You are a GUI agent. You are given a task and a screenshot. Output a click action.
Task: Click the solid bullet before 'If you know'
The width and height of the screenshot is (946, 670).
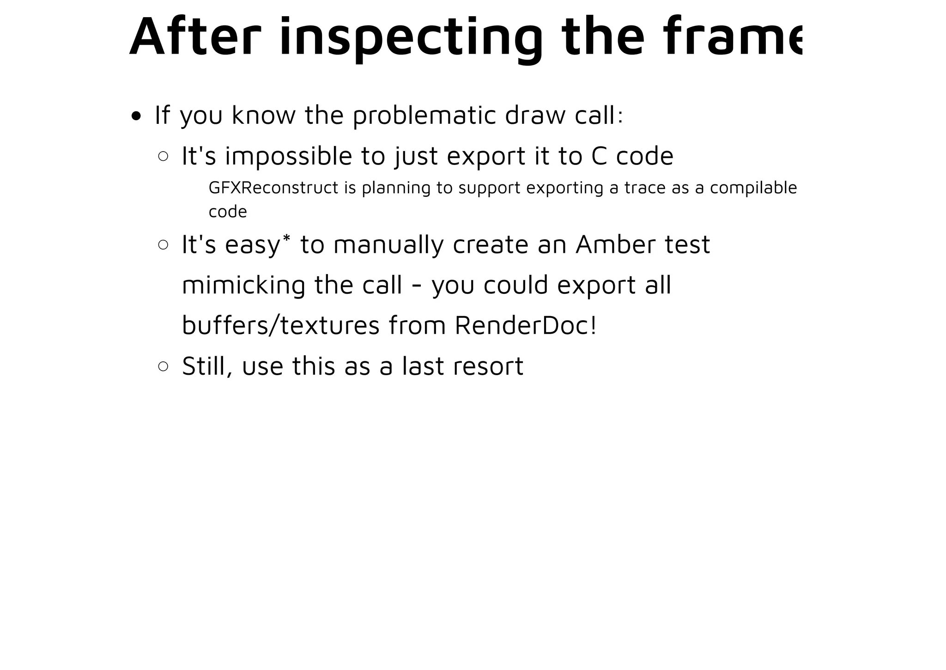[x=136, y=116]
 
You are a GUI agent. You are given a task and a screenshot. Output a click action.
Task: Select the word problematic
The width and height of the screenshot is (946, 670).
[x=424, y=116]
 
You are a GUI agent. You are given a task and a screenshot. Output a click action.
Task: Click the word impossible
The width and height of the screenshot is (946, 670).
[x=289, y=156]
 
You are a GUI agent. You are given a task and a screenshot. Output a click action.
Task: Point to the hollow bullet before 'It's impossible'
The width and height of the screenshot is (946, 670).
[x=163, y=156]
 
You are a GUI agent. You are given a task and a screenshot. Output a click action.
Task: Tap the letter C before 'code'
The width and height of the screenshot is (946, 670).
[x=599, y=156]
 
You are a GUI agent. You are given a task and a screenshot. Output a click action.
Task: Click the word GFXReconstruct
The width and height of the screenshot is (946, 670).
[x=273, y=188]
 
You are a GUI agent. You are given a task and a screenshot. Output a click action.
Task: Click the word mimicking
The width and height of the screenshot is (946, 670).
[x=243, y=285]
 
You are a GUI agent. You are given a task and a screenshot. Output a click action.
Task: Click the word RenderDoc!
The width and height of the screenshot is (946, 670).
[x=526, y=325]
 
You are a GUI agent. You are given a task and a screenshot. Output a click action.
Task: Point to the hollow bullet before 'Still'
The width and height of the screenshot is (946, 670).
[x=163, y=366]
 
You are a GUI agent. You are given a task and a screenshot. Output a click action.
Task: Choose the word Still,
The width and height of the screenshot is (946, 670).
[x=207, y=366]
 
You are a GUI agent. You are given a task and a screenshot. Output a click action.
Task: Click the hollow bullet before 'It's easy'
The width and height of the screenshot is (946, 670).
[x=163, y=244]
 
